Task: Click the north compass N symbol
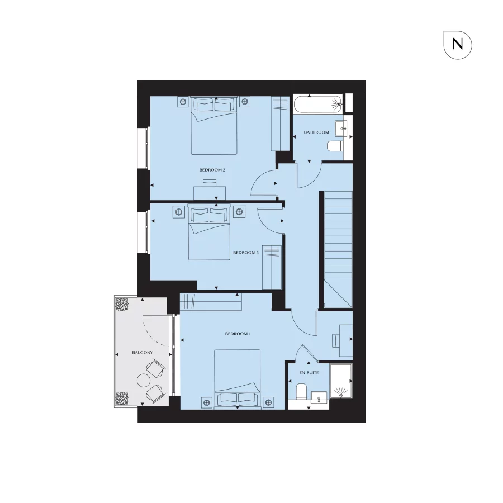click(458, 45)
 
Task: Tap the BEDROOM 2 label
click(212, 169)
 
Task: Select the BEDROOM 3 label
click(245, 253)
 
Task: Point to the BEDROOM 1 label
click(238, 334)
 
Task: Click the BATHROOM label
click(316, 132)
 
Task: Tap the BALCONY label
click(143, 353)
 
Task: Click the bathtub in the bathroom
click(317, 104)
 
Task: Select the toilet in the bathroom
click(334, 146)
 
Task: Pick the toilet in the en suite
click(301, 391)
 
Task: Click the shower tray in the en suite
click(341, 381)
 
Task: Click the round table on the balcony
click(143, 380)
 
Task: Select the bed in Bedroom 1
click(238, 379)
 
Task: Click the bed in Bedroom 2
click(215, 125)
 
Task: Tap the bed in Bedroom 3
click(209, 233)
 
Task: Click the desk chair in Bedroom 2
click(210, 184)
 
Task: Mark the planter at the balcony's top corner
click(122, 305)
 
